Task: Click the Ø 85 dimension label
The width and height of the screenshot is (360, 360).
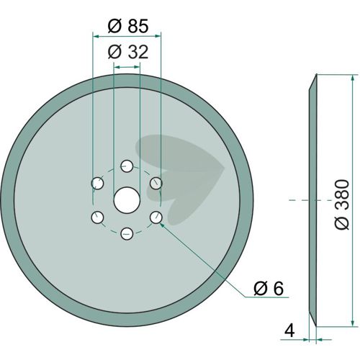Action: point(128,26)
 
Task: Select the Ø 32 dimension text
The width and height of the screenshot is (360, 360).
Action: point(128,52)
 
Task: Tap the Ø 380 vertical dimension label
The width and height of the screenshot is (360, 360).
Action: point(342,204)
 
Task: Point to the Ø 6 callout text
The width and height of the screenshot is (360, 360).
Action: point(269,288)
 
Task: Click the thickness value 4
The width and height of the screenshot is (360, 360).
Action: point(289,331)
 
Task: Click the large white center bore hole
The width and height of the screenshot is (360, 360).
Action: point(127,200)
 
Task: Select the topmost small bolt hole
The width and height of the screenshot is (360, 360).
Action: point(127,166)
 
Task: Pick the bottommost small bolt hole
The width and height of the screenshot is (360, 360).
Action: point(127,233)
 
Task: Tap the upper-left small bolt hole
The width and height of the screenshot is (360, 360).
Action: point(97,184)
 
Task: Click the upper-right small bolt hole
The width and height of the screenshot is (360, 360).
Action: point(156,184)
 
